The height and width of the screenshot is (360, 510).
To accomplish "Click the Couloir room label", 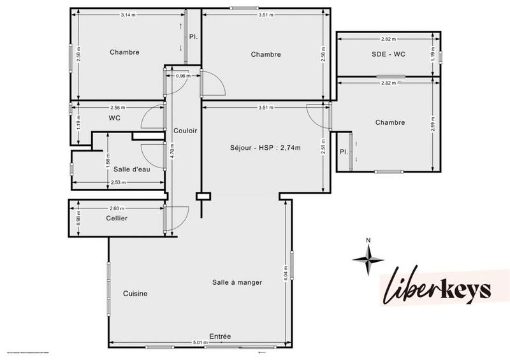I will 185,131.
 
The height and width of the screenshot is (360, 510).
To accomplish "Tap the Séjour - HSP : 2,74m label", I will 265,148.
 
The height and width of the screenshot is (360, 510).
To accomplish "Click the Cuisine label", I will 135,294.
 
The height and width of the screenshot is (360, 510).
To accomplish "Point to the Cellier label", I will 117,219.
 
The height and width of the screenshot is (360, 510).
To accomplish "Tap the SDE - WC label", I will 388,54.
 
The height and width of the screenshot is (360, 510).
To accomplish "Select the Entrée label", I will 220,336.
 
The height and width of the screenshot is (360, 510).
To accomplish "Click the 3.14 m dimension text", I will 128,15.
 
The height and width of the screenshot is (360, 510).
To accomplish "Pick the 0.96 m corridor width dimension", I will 183,76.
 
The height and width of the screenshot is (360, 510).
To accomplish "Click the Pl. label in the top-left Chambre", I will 193,37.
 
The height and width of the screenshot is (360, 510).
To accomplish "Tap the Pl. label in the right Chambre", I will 343,152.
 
